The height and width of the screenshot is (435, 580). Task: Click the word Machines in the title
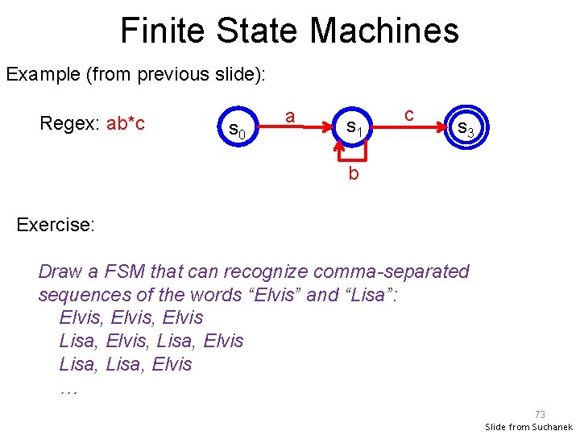click(x=383, y=31)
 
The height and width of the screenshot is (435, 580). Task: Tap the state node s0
click(x=236, y=127)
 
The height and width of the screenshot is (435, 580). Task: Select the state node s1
click(x=355, y=126)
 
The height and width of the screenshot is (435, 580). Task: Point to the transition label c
click(x=409, y=114)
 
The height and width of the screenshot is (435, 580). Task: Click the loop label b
click(x=353, y=173)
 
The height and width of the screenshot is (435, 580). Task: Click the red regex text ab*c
click(x=125, y=124)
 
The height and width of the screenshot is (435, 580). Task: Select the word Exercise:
click(x=56, y=224)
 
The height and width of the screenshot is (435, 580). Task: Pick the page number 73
click(x=539, y=414)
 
